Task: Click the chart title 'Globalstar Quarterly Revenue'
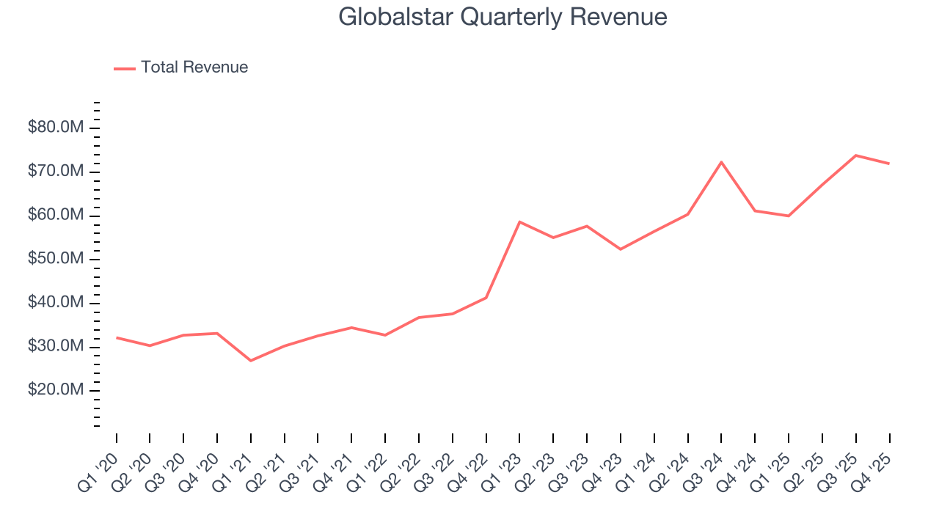click(x=503, y=17)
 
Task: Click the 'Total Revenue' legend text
click(x=194, y=67)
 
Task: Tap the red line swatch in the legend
click(x=125, y=68)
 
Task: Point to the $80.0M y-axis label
click(x=56, y=128)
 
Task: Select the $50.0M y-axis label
click(x=56, y=259)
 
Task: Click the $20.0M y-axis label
click(x=56, y=390)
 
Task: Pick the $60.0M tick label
click(x=56, y=216)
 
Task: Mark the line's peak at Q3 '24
click(x=722, y=162)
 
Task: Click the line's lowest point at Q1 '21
click(x=251, y=361)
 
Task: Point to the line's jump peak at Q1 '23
click(x=519, y=221)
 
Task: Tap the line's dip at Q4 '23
click(x=621, y=249)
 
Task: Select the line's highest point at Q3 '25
click(x=856, y=155)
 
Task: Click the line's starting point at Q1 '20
click(x=117, y=337)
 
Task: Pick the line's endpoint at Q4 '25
click(x=890, y=164)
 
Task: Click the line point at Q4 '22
click(x=486, y=297)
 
